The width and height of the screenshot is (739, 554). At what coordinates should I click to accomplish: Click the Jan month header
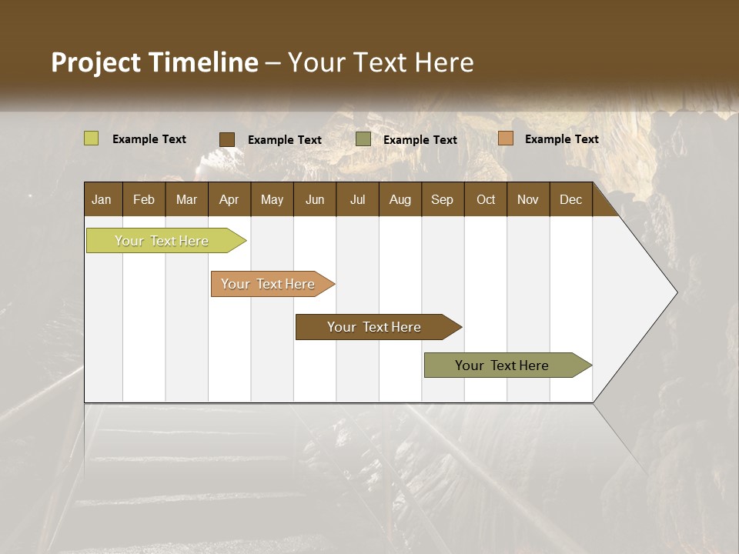click(102, 199)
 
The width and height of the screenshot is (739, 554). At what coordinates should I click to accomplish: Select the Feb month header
click(144, 199)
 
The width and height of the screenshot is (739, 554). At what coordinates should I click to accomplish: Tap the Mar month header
click(186, 199)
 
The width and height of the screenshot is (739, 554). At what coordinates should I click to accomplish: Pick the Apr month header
click(229, 199)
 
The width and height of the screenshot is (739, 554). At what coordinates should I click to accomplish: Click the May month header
click(272, 199)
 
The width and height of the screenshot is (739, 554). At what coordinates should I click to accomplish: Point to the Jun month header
click(315, 199)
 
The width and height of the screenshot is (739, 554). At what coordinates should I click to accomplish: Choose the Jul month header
click(357, 199)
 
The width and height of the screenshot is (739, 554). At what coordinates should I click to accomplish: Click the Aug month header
click(400, 199)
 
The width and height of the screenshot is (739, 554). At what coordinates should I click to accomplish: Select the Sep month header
click(443, 199)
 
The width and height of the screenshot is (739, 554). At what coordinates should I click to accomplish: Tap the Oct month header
click(486, 199)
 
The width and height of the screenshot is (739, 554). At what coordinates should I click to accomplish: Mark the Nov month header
click(528, 199)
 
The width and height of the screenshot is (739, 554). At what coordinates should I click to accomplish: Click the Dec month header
click(571, 199)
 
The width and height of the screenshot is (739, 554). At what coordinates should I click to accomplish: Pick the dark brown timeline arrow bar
click(375, 327)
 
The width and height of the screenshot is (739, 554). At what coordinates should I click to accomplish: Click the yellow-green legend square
click(91, 138)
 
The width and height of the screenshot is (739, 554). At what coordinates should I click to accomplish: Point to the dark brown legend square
click(227, 139)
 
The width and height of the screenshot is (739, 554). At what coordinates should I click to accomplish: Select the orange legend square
click(505, 138)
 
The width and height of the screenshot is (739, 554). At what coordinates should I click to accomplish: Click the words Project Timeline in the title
click(155, 62)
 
